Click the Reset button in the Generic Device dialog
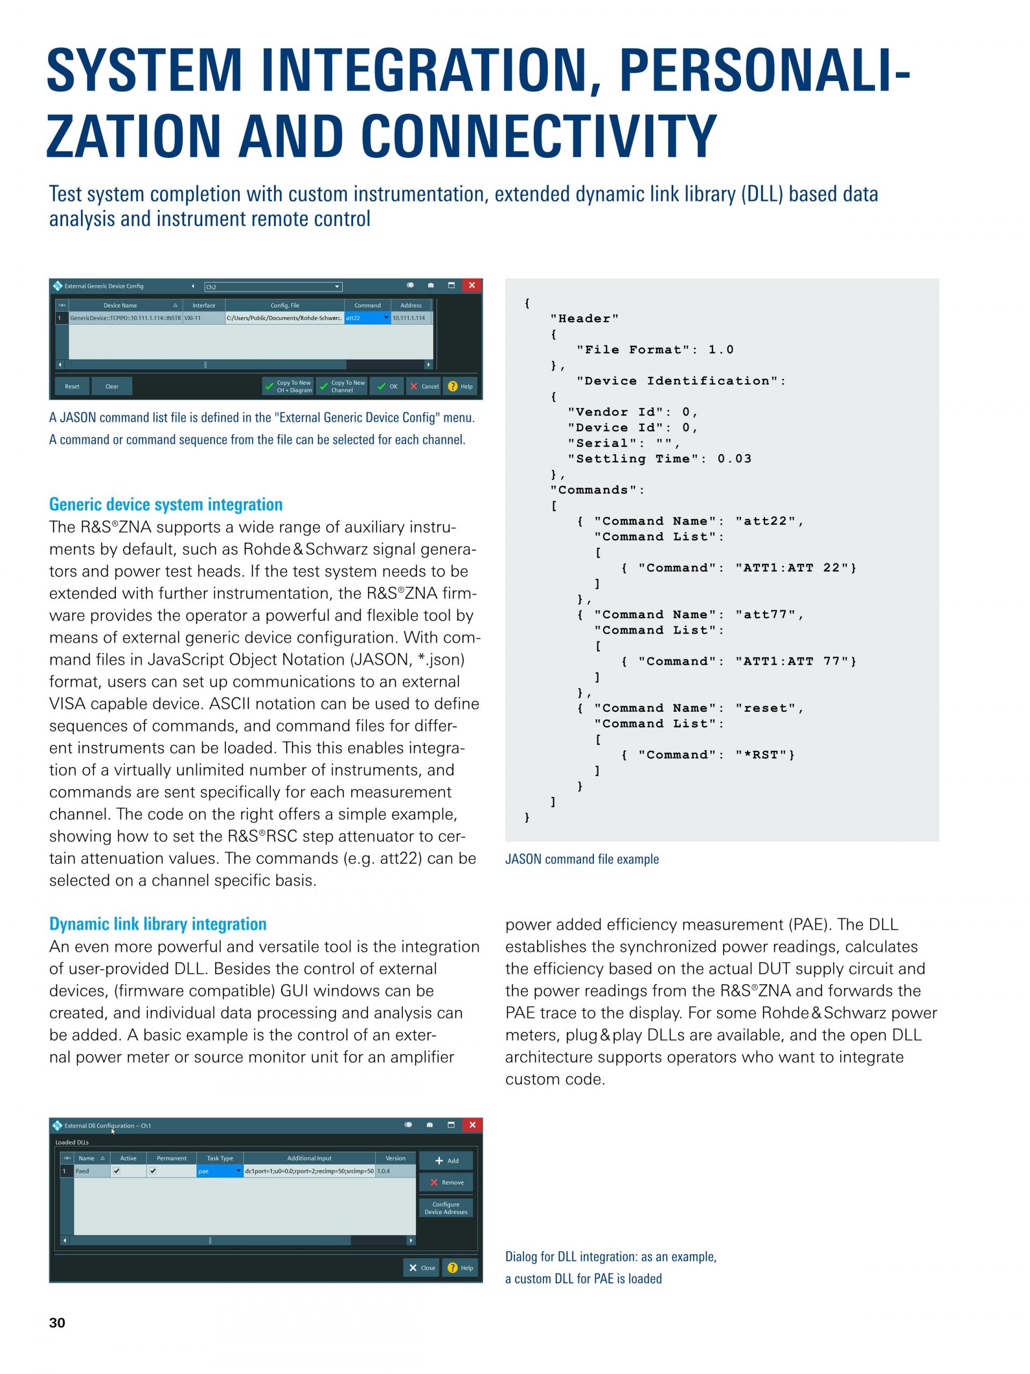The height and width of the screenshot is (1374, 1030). [x=72, y=386]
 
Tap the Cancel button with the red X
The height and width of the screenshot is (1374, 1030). [x=423, y=386]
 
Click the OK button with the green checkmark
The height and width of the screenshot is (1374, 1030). [x=387, y=386]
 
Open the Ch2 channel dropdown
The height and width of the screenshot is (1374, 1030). [x=273, y=287]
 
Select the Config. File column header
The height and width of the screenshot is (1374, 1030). [x=284, y=305]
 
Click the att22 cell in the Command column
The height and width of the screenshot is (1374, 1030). [x=367, y=318]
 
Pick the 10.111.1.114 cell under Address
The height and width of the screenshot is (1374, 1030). [x=410, y=318]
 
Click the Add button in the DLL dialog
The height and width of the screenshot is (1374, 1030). [x=446, y=1160]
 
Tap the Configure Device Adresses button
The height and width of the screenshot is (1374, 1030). [x=446, y=1208]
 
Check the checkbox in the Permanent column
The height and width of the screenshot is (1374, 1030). [x=153, y=1171]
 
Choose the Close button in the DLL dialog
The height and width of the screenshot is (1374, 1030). [x=422, y=1268]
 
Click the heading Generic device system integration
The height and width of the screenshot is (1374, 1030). [x=166, y=505]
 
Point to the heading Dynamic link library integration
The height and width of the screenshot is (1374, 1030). [x=158, y=924]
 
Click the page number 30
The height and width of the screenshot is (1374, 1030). [x=57, y=1323]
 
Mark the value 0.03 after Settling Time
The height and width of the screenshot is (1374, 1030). [x=734, y=459]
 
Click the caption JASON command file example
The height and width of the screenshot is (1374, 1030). [x=582, y=859]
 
